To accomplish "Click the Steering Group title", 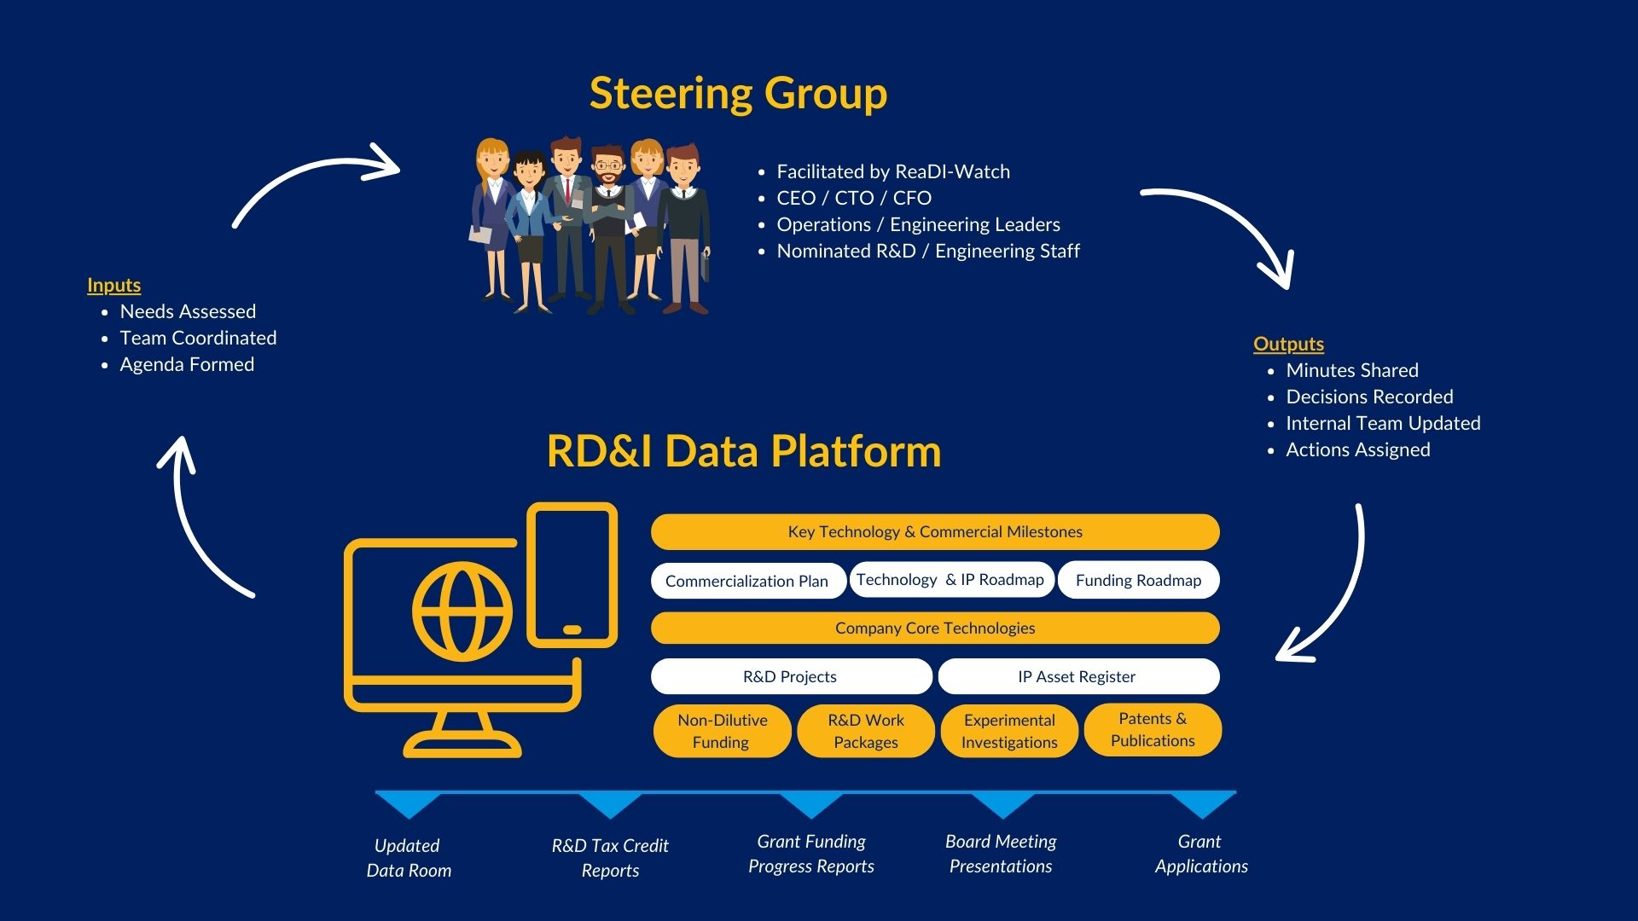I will pyautogui.click(x=738, y=93).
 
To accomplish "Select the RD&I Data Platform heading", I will pyautogui.click(x=743, y=451).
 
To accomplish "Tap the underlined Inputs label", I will pyautogui.click(x=113, y=286).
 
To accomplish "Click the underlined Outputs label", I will pyautogui.click(x=1288, y=345).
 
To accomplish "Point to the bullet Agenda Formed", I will pyautogui.click(x=187, y=365).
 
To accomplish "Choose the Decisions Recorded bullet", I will pyautogui.click(x=1369, y=397).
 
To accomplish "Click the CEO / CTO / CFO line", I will pyautogui.click(x=853, y=199).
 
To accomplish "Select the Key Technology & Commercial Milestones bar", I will pyautogui.click(x=935, y=532).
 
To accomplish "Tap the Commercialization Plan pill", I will pyautogui.click(x=747, y=581).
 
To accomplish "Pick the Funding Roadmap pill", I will pyautogui.click(x=1138, y=581).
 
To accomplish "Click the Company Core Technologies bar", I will pyautogui.click(x=935, y=628).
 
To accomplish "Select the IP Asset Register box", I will pyautogui.click(x=1077, y=677).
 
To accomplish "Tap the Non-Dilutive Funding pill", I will pyautogui.click(x=722, y=731).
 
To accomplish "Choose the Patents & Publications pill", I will pyautogui.click(x=1153, y=730).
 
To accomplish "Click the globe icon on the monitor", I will pyautogui.click(x=462, y=611).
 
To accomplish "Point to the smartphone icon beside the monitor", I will pyautogui.click(x=572, y=575).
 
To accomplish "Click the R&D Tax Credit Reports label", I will pyautogui.click(x=610, y=858).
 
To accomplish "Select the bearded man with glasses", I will pyautogui.click(x=609, y=222).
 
